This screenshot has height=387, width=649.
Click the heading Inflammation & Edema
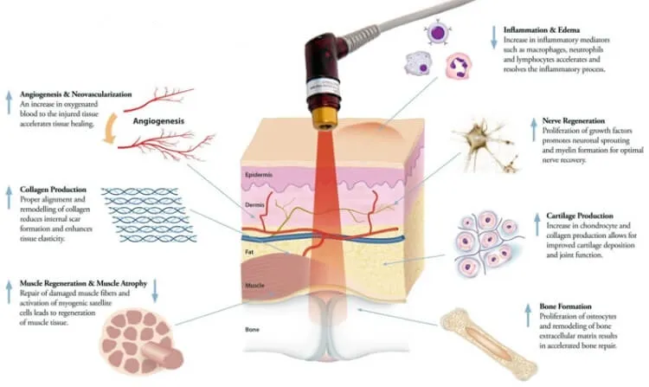coord(542,29)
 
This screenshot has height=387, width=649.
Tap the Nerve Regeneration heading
coord(573,121)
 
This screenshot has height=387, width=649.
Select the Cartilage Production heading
coord(580,216)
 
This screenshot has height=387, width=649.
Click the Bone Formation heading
coord(565,306)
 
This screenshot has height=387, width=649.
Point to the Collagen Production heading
coord(53,190)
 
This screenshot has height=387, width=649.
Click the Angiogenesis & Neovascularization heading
coord(76,94)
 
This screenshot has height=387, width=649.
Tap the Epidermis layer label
coord(259,175)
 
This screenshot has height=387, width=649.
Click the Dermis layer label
coord(254,205)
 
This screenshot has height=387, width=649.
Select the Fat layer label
coord(249,252)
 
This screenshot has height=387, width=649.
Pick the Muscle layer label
coord(254,286)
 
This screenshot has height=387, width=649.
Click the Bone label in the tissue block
coord(252,330)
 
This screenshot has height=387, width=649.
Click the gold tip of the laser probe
coord(324,119)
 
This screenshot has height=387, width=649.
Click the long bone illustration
coord(488,345)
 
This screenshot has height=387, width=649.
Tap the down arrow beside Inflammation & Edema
coord(493,37)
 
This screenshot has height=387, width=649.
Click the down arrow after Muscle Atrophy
coord(155,291)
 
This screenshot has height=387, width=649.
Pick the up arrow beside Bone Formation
coord(528,315)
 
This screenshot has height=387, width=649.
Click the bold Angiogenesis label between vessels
coord(158,121)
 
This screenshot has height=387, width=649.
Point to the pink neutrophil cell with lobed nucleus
coord(458,66)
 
